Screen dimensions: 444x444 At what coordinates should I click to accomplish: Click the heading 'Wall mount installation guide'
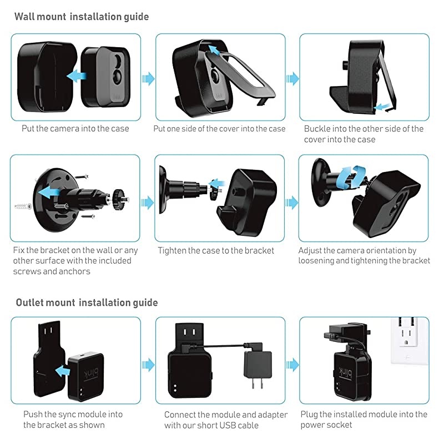point(82,17)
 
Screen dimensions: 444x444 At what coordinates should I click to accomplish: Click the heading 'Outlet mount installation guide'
point(87,302)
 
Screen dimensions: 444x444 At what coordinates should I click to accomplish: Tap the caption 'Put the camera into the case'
point(75,129)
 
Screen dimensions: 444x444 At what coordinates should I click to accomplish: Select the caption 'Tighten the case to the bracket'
point(216,250)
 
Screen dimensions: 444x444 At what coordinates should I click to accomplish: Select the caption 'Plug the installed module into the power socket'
point(364,420)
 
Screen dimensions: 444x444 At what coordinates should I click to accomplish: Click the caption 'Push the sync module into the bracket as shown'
point(73,420)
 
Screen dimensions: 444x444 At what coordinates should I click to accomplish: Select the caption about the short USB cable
point(226,420)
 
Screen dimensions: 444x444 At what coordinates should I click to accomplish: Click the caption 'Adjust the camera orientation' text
point(364,255)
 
